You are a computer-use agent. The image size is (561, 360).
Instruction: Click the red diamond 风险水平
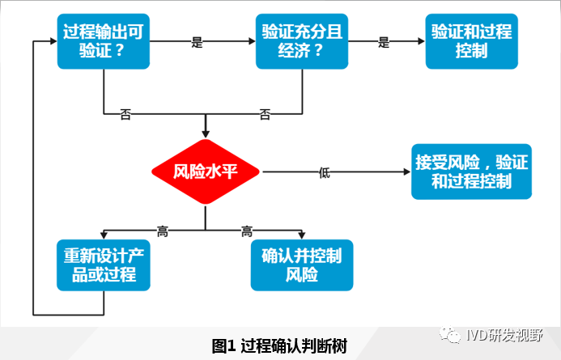tap(205, 171)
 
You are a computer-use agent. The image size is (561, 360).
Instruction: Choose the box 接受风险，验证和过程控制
tap(471, 172)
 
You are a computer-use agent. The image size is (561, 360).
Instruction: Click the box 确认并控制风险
tap(302, 265)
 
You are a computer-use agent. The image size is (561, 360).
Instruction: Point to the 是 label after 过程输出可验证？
tap(197, 42)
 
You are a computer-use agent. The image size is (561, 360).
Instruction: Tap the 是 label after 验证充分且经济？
tap(383, 42)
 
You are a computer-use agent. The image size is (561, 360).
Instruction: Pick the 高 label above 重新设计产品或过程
tap(163, 232)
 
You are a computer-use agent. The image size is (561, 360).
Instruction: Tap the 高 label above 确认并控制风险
tap(247, 232)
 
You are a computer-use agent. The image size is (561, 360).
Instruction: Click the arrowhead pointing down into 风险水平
tap(205, 132)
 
